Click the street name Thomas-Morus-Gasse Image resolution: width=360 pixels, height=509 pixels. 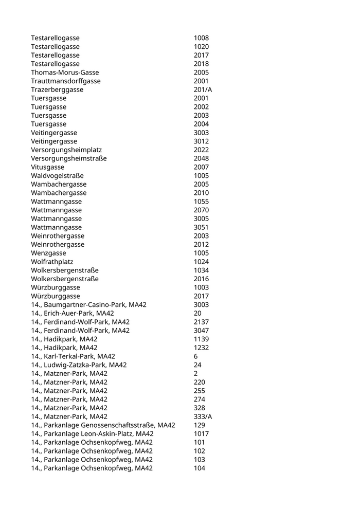(x=65, y=72)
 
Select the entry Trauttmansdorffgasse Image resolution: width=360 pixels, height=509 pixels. (x=66, y=81)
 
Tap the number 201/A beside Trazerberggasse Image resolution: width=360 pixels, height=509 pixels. (x=203, y=89)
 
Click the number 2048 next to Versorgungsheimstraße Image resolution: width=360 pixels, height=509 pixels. (x=201, y=158)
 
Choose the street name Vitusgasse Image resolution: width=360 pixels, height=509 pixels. (x=48, y=167)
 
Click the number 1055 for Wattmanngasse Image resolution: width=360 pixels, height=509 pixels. (x=201, y=202)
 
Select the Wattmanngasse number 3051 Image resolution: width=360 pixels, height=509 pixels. (x=201, y=227)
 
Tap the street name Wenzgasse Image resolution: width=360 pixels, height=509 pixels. (x=48, y=253)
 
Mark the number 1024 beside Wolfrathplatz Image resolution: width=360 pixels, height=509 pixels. (x=201, y=262)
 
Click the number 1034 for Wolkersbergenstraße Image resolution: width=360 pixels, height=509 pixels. (x=201, y=270)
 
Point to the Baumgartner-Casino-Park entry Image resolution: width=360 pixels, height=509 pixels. (x=88, y=305)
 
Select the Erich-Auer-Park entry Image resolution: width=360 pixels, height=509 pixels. (x=73, y=313)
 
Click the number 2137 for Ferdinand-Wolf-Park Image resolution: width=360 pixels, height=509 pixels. (x=201, y=322)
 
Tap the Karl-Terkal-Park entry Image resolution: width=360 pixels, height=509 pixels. (x=73, y=356)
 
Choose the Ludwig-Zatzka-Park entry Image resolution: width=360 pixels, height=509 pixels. (x=79, y=365)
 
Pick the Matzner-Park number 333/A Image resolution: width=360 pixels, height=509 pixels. (x=203, y=416)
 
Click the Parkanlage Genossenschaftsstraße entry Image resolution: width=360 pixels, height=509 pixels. (x=103, y=425)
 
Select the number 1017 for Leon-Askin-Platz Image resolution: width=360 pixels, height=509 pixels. (x=201, y=433)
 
